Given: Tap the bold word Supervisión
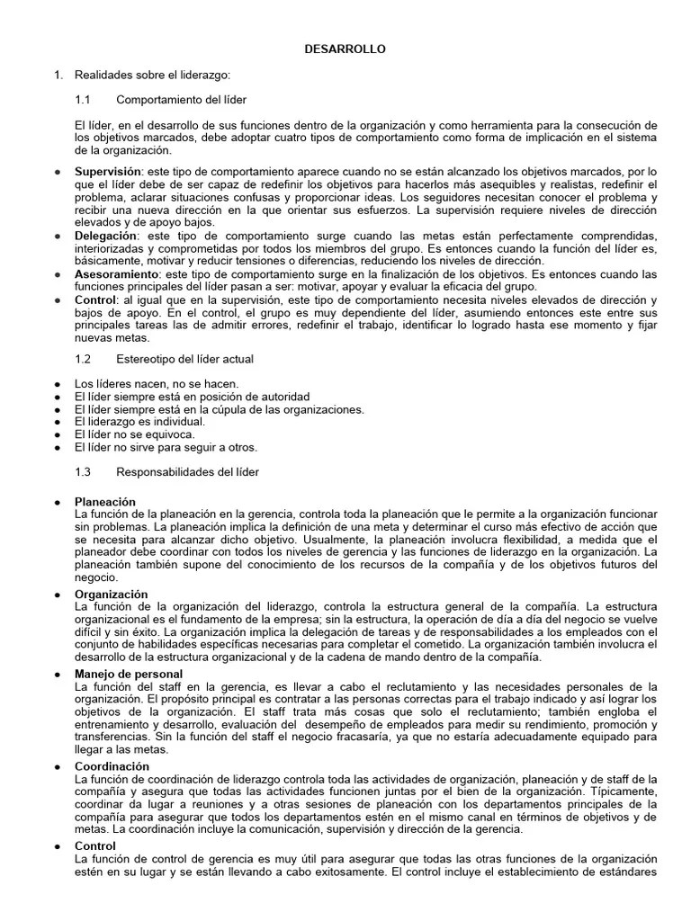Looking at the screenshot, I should coord(108,171).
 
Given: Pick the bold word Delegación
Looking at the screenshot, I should coord(106,235).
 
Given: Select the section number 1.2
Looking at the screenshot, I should coord(84,359).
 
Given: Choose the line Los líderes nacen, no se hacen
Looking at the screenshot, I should coord(157,384).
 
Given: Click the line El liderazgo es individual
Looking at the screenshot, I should coord(139,421).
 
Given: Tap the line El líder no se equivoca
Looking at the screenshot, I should coord(134,434).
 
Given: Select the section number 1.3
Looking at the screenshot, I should coord(84,471).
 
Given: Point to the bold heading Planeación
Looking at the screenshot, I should coord(105,501).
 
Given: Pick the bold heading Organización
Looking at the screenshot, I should coord(112,595).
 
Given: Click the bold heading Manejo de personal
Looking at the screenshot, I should coord(129,674).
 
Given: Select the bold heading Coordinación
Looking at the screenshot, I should coord(112,765).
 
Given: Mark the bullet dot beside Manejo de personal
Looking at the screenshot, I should coord(58,674).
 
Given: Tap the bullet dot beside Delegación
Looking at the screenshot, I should coord(58,235).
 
